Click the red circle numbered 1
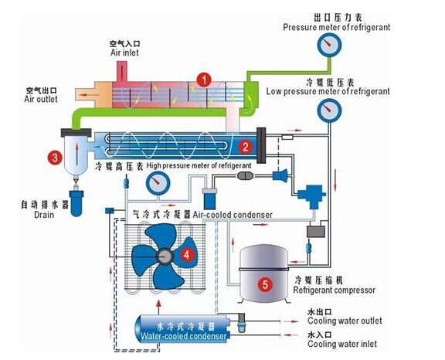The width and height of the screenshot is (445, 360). (204, 80)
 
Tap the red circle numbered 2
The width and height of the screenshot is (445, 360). (245, 147)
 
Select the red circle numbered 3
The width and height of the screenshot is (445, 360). (55, 157)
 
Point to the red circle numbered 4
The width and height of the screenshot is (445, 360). (186, 255)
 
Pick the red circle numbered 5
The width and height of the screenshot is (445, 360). (265, 284)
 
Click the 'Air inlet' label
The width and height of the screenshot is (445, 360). (124, 53)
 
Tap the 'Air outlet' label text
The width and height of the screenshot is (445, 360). (41, 99)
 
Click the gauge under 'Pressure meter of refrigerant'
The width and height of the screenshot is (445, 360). (329, 45)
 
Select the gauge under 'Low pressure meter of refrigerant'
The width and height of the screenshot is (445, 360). (329, 110)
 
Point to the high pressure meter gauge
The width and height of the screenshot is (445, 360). (158, 183)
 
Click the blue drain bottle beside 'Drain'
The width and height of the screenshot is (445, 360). (76, 203)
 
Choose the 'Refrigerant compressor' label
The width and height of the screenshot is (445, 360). (334, 290)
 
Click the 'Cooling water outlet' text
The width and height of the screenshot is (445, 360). (345, 321)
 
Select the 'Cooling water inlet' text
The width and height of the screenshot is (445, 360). (342, 344)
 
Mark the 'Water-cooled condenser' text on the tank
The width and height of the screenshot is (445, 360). (184, 336)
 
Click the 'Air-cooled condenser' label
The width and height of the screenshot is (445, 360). (233, 215)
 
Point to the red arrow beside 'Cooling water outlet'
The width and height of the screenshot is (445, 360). (291, 321)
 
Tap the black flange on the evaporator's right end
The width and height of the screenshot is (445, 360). (261, 145)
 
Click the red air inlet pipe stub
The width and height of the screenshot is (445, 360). (122, 72)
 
